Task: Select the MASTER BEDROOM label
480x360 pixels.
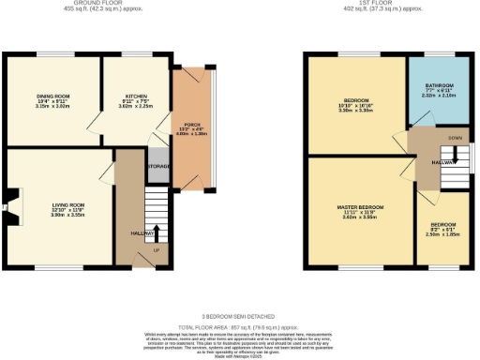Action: (x=360, y=206)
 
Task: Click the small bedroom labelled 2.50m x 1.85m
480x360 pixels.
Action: (x=444, y=231)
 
